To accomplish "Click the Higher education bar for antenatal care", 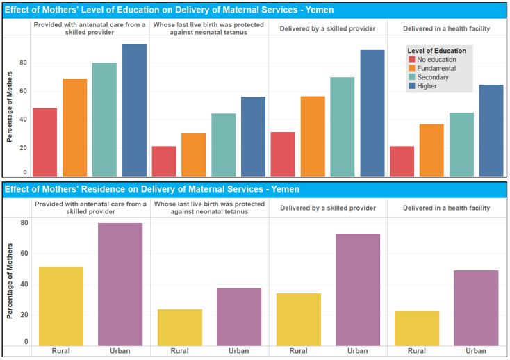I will pyautogui.click(x=134, y=111).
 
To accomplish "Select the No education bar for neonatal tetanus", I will pyautogui.click(x=163, y=161).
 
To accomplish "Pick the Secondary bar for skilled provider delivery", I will pyautogui.click(x=342, y=126).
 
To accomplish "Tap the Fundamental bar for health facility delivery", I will pyautogui.click(x=431, y=150).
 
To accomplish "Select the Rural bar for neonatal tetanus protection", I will pyautogui.click(x=179, y=327).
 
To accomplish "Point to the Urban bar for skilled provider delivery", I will pyautogui.click(x=358, y=289).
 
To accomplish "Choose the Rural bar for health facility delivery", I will pyautogui.click(x=417, y=327).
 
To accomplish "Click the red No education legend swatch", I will pyautogui.click(x=411, y=60).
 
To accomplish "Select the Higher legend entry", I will pyautogui.click(x=427, y=86).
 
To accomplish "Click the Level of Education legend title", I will pyautogui.click(x=436, y=51).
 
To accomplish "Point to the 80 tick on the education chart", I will pyautogui.click(x=23, y=63).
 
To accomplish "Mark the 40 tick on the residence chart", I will pyautogui.click(x=23, y=284).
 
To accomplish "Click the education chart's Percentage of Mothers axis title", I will pyautogui.click(x=10, y=112).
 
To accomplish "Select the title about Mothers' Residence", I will pyautogui.click(x=151, y=188).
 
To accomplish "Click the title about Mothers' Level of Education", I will pyautogui.click(x=169, y=10).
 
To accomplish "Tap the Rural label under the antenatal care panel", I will pyautogui.click(x=61, y=350).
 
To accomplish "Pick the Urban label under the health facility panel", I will pyautogui.click(x=476, y=350).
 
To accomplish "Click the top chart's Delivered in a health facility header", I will pyautogui.click(x=446, y=28).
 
